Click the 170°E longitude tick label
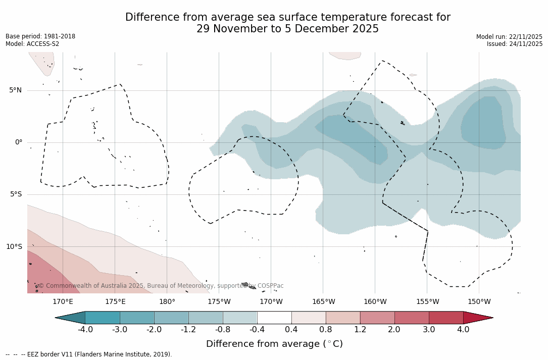63,302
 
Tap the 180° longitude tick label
167,302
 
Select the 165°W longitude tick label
323,302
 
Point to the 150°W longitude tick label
479,302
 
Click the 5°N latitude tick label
15,90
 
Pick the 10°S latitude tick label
14,247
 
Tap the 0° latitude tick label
18,142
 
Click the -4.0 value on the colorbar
85,330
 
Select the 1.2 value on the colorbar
360,330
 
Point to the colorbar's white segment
274,318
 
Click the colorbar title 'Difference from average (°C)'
274,344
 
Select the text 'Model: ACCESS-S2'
32,44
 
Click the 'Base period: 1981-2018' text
40,36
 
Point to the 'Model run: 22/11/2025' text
509,37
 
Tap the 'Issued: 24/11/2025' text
515,44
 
